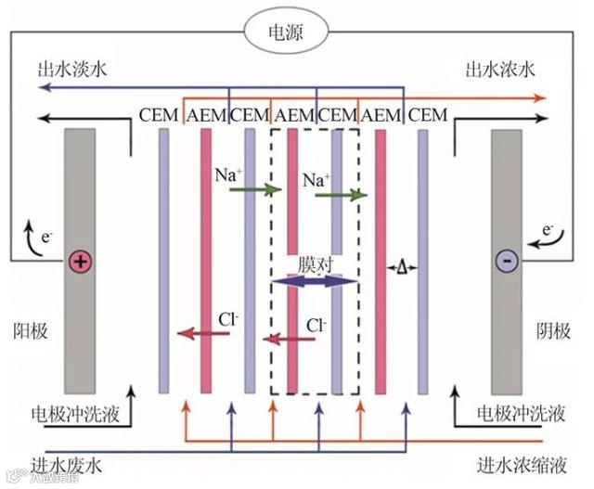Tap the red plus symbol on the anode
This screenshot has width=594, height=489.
(x=80, y=262)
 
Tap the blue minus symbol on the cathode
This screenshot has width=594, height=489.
(x=507, y=262)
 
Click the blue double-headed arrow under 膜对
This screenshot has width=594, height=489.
(x=313, y=281)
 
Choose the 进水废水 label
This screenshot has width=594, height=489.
(x=68, y=464)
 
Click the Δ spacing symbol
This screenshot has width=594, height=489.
(x=402, y=268)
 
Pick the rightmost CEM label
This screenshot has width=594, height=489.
(x=428, y=115)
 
